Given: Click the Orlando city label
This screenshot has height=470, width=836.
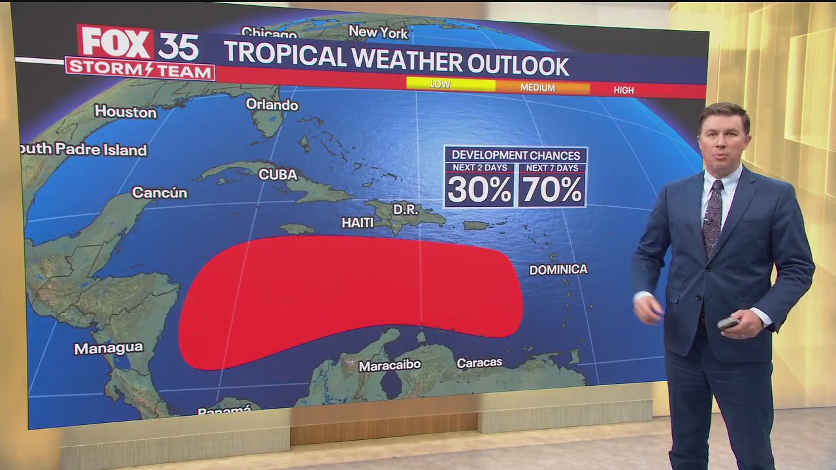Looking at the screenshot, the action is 272,104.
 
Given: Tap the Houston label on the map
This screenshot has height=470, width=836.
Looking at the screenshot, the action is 125,112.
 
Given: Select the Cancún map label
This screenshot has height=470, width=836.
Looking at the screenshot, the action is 159,193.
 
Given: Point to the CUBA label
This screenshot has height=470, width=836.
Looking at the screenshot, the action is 278,174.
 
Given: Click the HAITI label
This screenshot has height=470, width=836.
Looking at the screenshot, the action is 357,223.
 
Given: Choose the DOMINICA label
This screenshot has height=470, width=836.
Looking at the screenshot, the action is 558,269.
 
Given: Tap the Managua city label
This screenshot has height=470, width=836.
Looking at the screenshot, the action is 108,348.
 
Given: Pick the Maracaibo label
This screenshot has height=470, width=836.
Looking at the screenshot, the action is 389,366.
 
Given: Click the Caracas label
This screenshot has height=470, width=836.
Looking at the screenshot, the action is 479,362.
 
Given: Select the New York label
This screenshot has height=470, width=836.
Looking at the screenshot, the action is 378,32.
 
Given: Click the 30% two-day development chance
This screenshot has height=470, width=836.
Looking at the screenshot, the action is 479,190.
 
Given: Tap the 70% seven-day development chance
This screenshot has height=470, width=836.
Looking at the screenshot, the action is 552,190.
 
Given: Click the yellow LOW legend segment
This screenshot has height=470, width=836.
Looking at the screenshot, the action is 451,84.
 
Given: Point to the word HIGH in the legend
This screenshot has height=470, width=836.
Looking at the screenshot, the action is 623,90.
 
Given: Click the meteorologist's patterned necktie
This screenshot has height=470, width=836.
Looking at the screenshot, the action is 713,215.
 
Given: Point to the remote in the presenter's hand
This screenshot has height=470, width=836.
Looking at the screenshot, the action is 727,322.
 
